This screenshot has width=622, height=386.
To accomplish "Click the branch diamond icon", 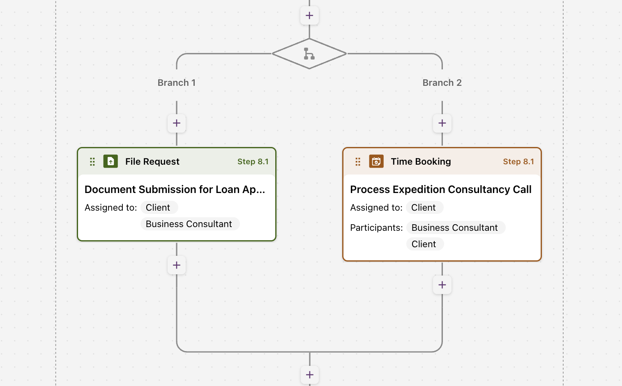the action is pos(309,53).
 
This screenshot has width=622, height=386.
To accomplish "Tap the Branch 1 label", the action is pos(177,83).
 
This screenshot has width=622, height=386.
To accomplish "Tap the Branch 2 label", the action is pos(442,83).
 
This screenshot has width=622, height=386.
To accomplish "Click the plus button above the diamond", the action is pos(309,16).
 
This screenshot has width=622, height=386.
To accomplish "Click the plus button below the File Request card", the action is pos(177,265).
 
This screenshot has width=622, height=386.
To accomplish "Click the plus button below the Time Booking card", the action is pos(442,285).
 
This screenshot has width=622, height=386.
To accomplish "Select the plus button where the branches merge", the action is pos(310,375).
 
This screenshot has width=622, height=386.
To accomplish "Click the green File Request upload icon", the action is pos(111,161).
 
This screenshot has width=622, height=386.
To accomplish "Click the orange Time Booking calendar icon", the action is pos(376,161).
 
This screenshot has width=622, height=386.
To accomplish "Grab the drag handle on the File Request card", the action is pos(92,162).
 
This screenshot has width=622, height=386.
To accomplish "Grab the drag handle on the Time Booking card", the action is pos(358,162).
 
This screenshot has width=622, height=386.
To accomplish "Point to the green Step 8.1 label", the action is pos(253,161).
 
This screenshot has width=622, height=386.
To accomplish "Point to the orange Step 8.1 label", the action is pos(518,161).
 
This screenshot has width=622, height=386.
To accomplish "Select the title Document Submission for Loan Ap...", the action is pos(175,189).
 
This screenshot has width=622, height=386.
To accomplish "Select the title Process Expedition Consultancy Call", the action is pos(441,189).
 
